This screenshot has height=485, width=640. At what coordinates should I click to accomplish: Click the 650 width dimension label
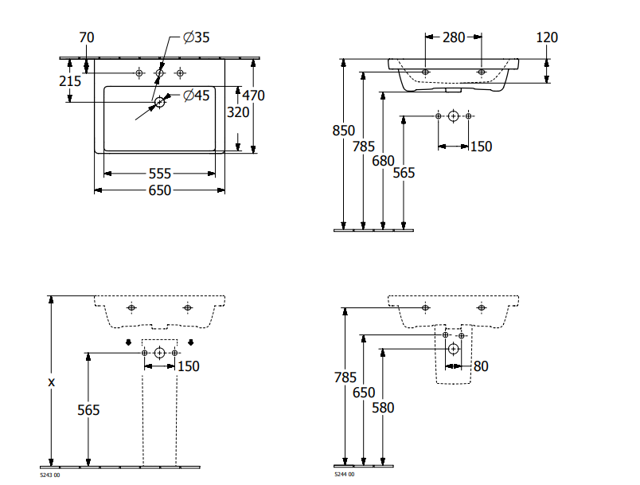coord(160,190)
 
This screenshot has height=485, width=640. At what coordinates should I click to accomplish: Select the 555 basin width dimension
coord(160,173)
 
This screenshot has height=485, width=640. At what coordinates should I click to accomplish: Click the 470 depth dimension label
coord(253,96)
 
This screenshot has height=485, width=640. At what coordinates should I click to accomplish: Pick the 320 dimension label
coord(238,112)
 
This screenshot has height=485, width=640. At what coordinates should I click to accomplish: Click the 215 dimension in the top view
coord(70,80)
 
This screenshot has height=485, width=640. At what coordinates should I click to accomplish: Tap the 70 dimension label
coord(87,37)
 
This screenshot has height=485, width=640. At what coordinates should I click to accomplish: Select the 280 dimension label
coord(454,37)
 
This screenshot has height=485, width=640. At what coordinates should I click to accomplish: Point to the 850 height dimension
coord(343,131)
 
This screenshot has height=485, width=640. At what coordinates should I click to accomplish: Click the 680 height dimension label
coord(383,160)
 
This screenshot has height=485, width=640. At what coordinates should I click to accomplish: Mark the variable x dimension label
coord(52,382)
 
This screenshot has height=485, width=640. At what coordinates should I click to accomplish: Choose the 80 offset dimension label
coord(480,366)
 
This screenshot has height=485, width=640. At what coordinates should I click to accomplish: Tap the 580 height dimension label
coord(384,407)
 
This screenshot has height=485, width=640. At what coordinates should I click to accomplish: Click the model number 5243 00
coord(50,475)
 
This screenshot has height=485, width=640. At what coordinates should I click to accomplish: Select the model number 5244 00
coord(345,475)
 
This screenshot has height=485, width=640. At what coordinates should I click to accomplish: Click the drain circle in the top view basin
coord(160,101)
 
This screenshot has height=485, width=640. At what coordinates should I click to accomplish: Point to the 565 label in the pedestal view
coord(88,409)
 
